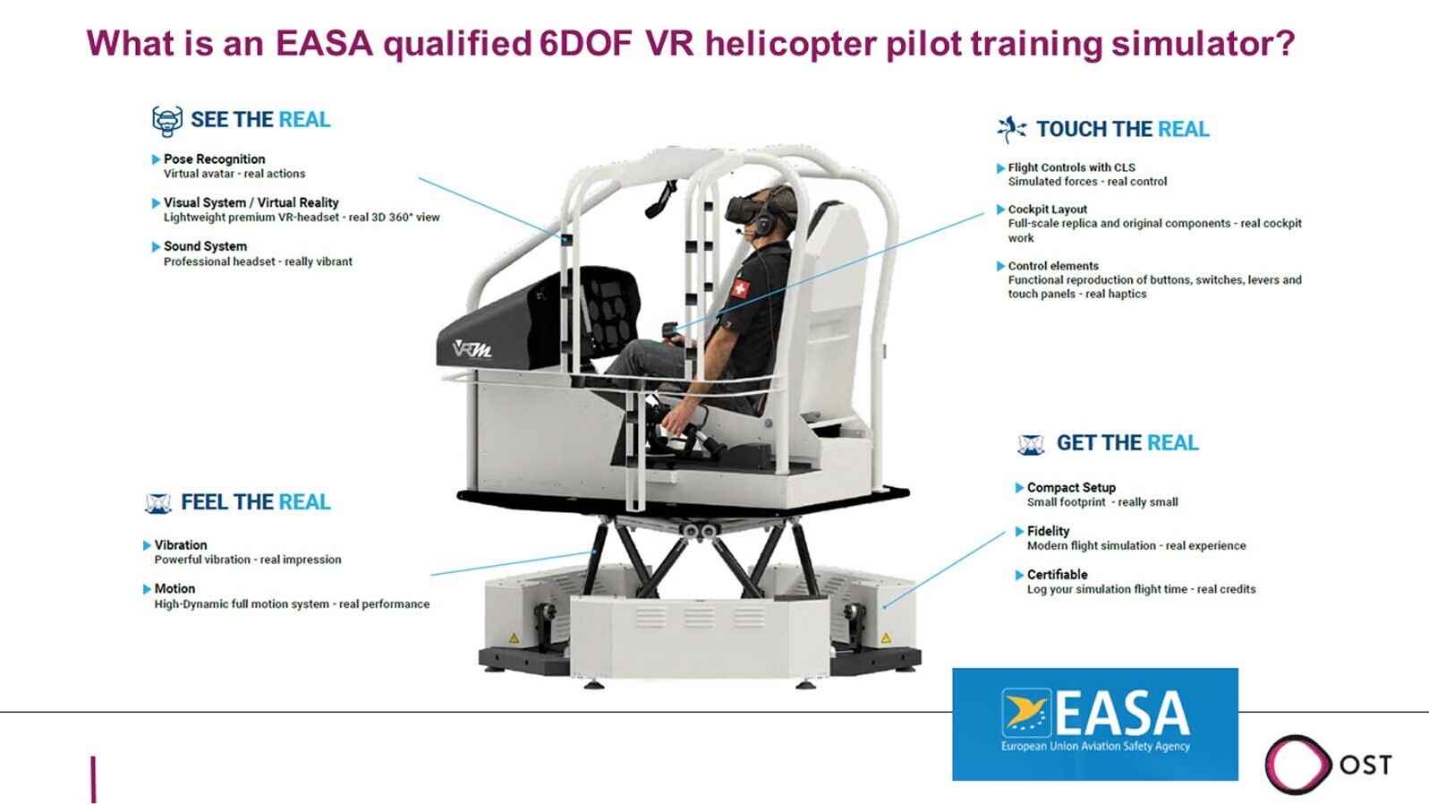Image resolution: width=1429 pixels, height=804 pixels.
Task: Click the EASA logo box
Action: click(1094, 724)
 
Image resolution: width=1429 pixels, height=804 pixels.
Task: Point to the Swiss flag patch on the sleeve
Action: click(740, 288)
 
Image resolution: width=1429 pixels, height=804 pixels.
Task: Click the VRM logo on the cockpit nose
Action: click(472, 349)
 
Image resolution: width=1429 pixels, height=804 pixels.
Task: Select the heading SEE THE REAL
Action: click(260, 119)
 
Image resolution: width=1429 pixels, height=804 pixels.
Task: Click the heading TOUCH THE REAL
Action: click(1123, 129)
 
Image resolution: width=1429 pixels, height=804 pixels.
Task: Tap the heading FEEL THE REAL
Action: click(256, 502)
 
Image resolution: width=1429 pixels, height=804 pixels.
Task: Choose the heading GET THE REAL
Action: click(1127, 443)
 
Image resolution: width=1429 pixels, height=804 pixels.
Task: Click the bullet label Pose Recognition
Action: click(215, 158)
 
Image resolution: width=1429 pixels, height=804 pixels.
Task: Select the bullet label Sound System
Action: click(206, 246)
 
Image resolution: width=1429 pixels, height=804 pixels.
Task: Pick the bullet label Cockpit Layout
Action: click(1048, 210)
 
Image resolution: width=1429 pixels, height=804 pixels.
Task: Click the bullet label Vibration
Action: click(181, 545)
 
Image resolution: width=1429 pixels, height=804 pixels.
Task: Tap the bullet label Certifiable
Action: click(1057, 574)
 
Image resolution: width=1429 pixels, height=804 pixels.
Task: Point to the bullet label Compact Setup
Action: click(1072, 488)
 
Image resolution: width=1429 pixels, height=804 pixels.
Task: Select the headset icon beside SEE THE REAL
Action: click(167, 121)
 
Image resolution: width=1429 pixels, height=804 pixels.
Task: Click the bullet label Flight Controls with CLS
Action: click(1072, 167)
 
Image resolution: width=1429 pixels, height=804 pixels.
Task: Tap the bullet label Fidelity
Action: click(1048, 531)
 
